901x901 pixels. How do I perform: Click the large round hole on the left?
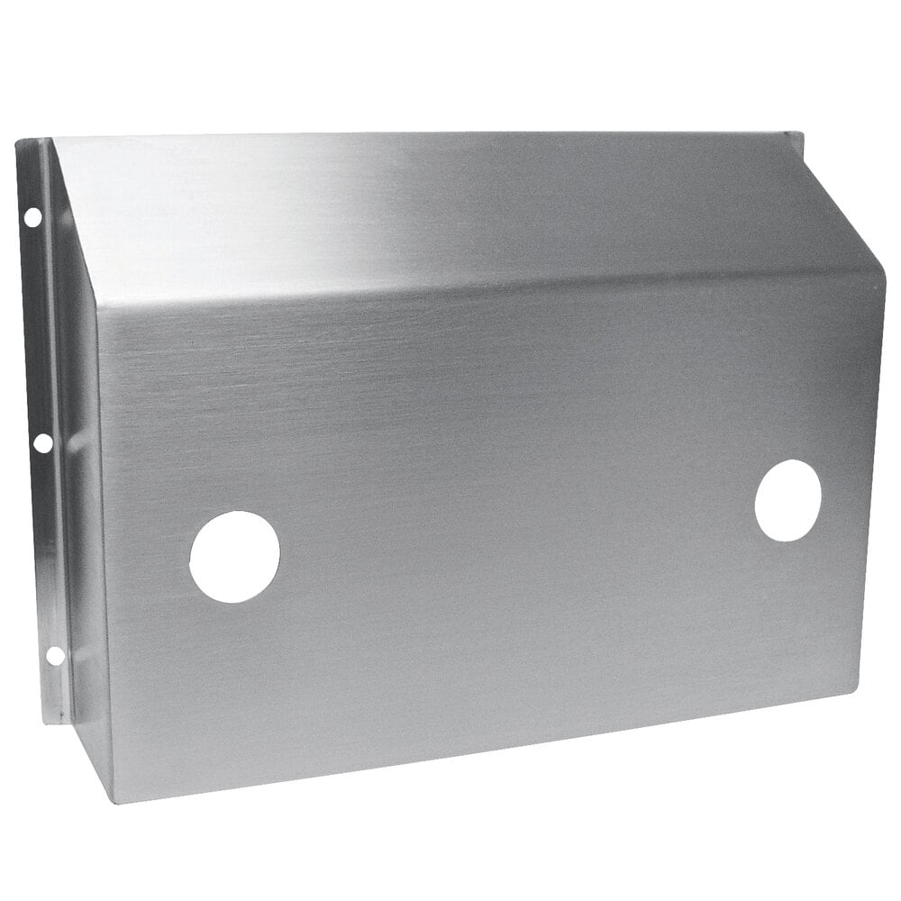click(234, 556)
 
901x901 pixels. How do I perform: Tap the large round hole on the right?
click(787, 500)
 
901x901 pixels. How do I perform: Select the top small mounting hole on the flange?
click(32, 216)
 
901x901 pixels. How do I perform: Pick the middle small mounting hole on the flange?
click(42, 442)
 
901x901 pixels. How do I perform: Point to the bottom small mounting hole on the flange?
click(54, 655)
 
